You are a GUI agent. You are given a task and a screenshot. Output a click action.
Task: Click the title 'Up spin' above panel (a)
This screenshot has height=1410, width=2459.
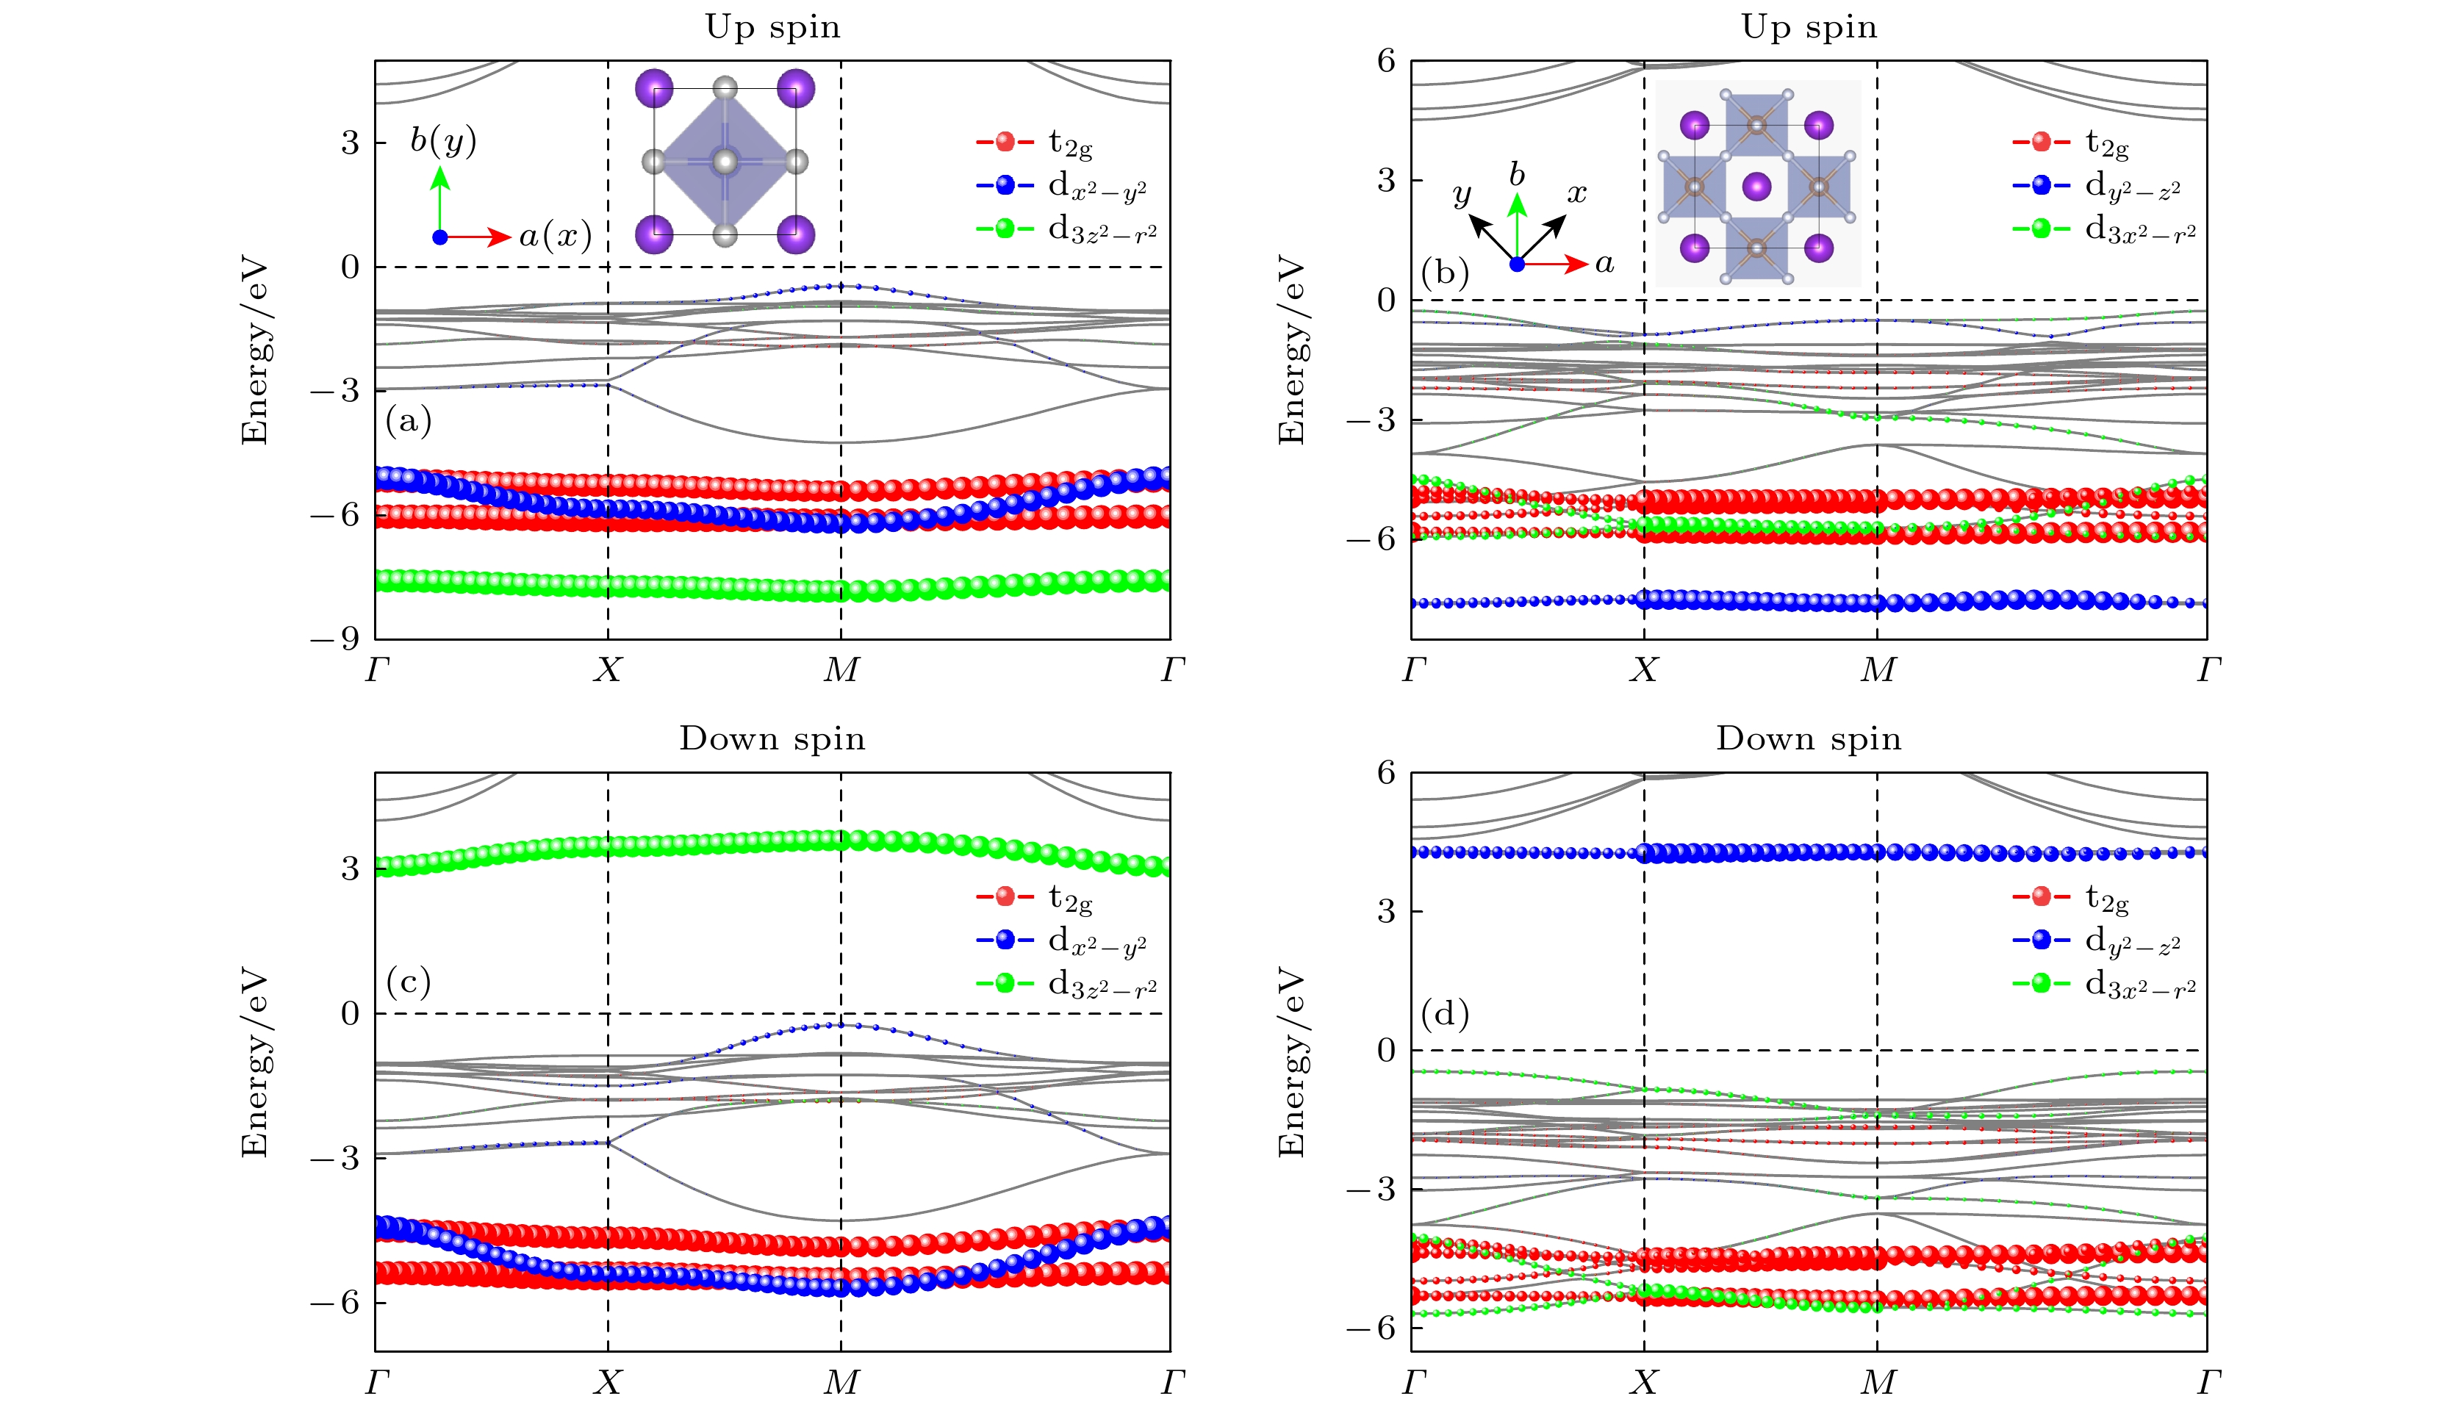[x=772, y=27]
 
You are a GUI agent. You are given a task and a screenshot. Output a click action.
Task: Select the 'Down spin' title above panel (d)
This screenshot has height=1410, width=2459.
[x=1808, y=739]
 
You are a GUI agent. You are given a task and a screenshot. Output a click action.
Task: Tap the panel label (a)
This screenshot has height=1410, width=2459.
[x=408, y=420]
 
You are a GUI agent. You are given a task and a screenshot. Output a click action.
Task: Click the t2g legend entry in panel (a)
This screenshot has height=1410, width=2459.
[x=1036, y=143]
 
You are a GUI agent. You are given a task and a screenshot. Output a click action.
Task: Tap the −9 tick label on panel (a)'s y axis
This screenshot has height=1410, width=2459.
[x=335, y=639]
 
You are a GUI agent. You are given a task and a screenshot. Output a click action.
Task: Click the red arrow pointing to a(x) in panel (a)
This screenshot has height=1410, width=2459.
[x=479, y=237]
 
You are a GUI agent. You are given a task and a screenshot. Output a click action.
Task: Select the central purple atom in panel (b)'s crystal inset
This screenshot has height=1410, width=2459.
[x=1756, y=186]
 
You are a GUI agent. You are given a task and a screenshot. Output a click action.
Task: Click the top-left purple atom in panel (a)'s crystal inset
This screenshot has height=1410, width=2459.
[x=655, y=88]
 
